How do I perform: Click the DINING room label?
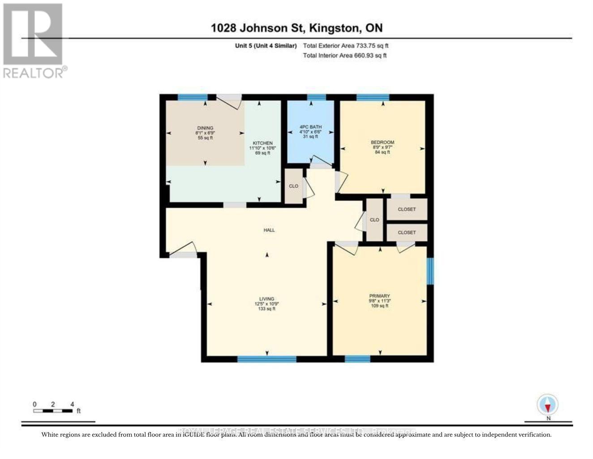click(x=205, y=128)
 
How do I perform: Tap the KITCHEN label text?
click(x=262, y=143)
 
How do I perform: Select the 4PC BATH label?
click(x=310, y=127)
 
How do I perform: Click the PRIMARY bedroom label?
click(x=379, y=296)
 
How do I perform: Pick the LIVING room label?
click(x=266, y=299)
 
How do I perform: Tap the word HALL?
click(x=269, y=230)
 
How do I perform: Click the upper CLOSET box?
click(x=407, y=209)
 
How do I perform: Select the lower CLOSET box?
click(x=407, y=233)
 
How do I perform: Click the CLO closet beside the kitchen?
click(x=294, y=186)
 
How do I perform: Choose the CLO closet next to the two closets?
click(x=374, y=220)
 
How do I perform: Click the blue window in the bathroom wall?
click(x=316, y=97)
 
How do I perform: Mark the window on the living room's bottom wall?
click(x=267, y=359)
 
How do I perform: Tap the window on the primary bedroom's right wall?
click(x=430, y=271)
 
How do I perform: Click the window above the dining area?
click(x=193, y=97)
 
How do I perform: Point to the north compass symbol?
click(x=548, y=406)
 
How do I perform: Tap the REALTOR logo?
click(x=34, y=41)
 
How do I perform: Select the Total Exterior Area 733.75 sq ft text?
click(x=345, y=46)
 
